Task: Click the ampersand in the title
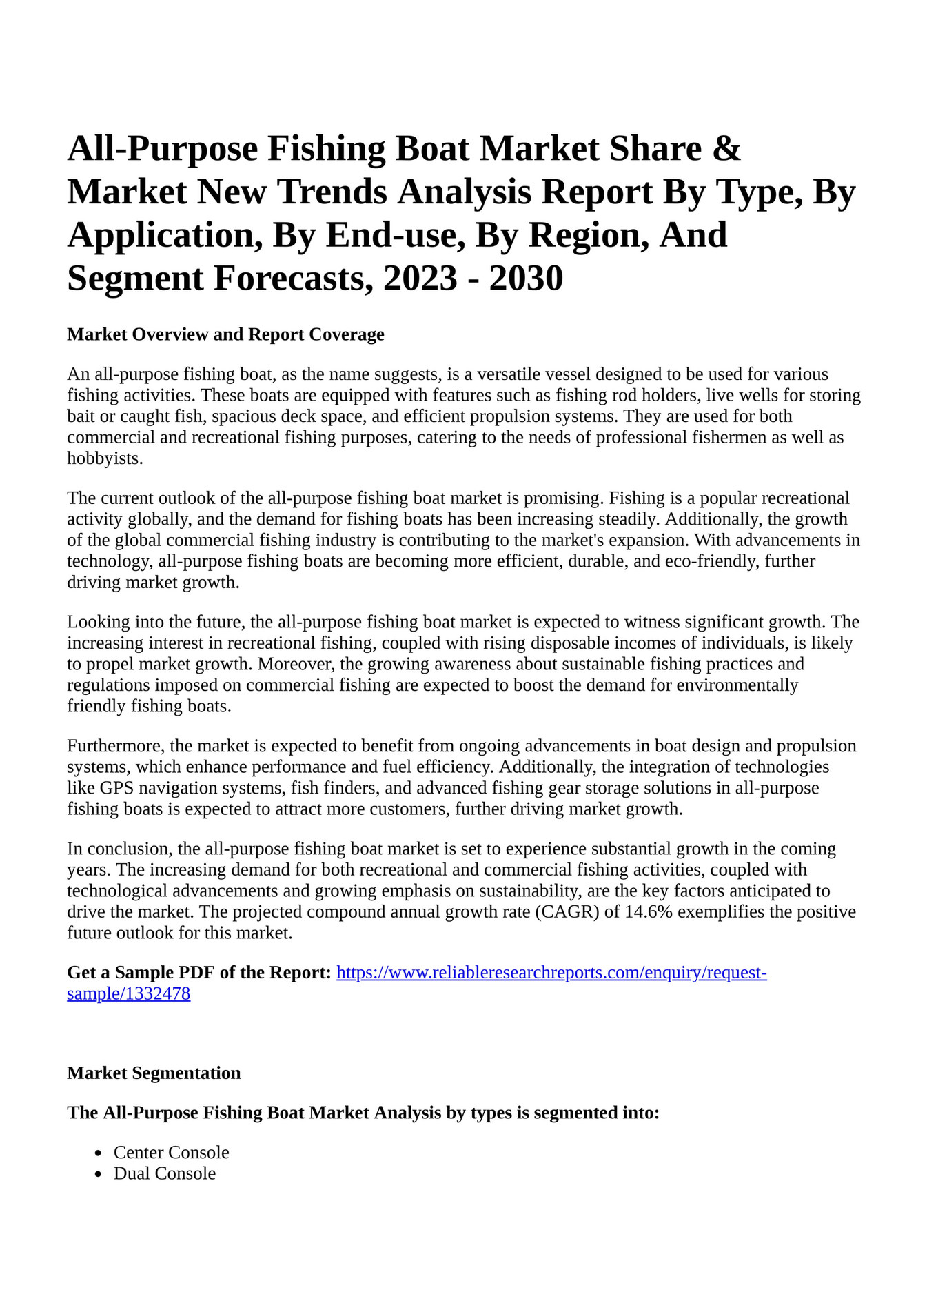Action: (x=726, y=149)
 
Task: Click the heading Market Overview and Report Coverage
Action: (x=225, y=334)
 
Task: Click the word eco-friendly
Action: (x=710, y=561)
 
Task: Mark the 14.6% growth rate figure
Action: (x=647, y=912)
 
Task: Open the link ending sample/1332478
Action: (x=128, y=994)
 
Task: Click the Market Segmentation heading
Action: (x=154, y=1073)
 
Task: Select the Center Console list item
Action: (x=171, y=1153)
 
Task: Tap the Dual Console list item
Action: (x=164, y=1173)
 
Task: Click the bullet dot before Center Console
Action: (x=99, y=1153)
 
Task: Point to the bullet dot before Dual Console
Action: (x=99, y=1174)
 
